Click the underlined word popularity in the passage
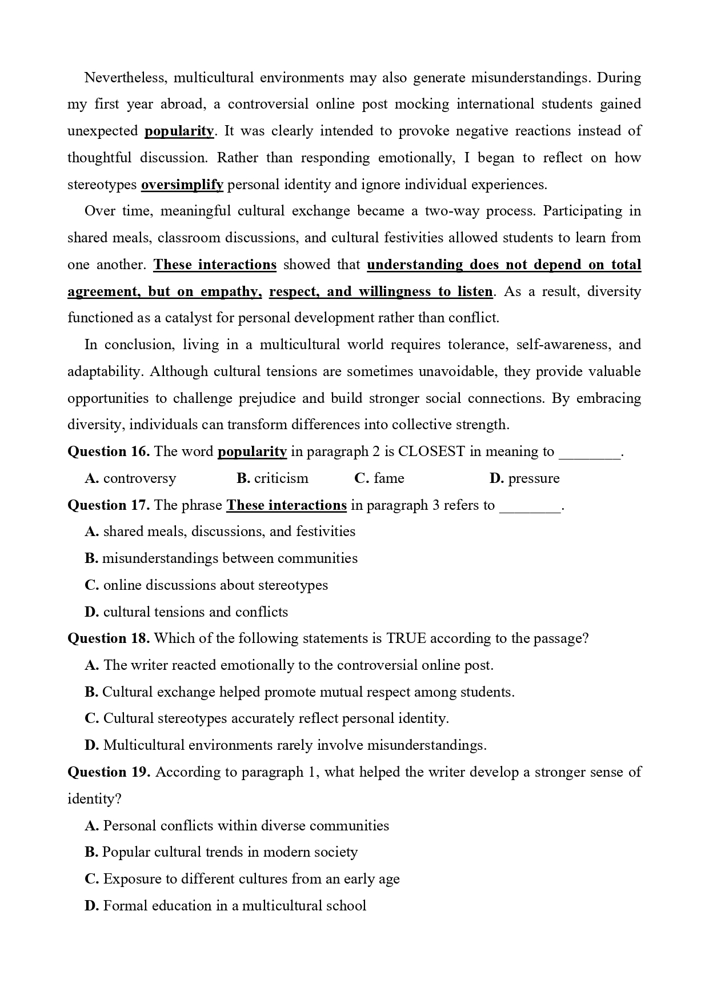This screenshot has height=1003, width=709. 179,131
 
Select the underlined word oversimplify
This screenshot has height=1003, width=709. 182,185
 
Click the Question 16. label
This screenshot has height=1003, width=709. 109,451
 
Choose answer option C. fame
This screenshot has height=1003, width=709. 379,478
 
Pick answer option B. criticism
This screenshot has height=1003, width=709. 273,478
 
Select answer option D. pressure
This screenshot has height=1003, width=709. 524,478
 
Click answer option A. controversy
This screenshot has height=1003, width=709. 131,478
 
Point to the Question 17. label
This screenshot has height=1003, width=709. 109,505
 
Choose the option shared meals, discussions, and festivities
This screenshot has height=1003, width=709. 220,532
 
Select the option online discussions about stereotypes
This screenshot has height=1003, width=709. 206,585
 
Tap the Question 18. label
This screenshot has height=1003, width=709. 109,638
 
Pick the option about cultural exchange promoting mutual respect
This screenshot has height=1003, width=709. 299,692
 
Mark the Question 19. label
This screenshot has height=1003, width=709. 109,772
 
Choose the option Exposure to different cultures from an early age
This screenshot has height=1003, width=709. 242,879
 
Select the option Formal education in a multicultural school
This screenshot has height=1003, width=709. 226,906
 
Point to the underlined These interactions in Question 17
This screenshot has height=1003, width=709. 286,505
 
